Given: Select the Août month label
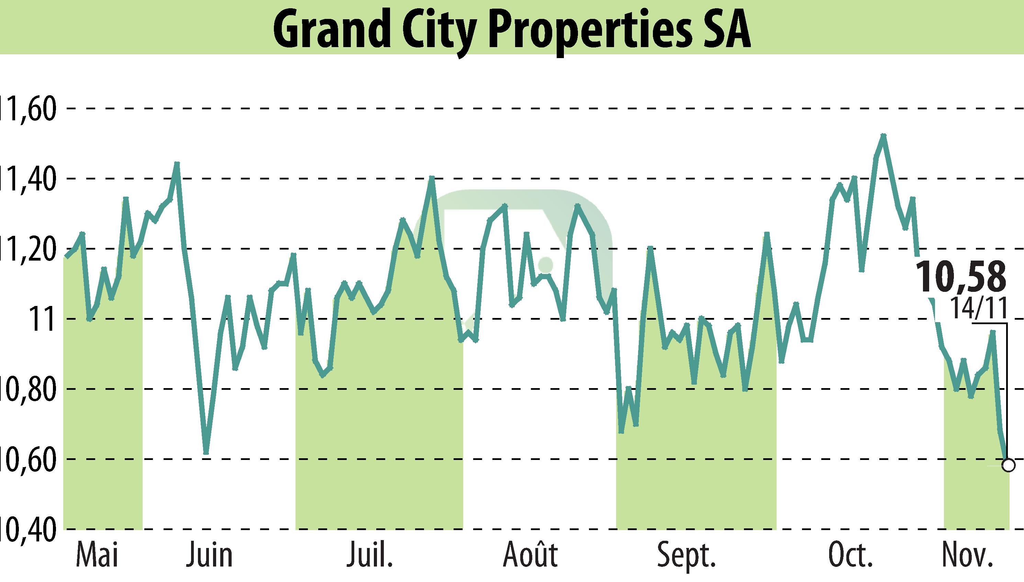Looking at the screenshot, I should [530, 555].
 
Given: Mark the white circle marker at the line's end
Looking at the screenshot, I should [1008, 465].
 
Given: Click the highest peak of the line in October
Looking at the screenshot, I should [883, 135].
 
